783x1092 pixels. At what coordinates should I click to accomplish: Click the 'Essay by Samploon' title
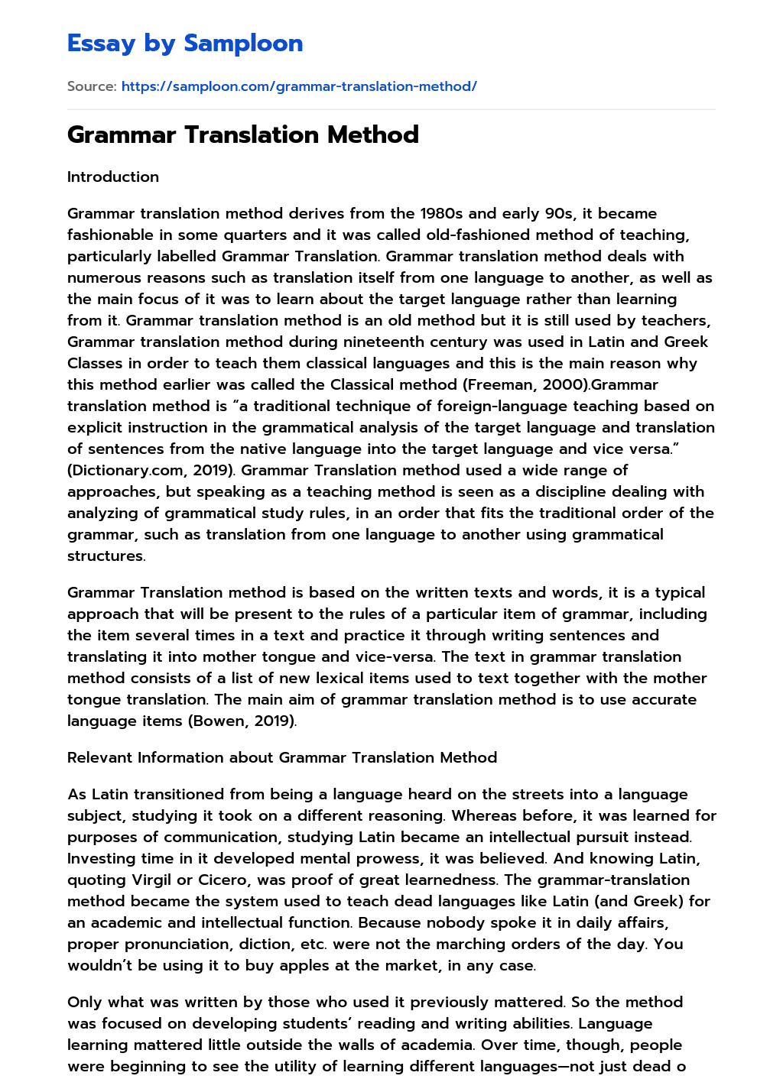pyautogui.click(x=185, y=43)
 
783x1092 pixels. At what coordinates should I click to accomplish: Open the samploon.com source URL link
pyautogui.click(x=299, y=86)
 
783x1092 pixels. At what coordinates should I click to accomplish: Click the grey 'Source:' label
pyautogui.click(x=92, y=86)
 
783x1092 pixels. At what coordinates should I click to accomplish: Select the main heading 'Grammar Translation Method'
pyautogui.click(x=243, y=134)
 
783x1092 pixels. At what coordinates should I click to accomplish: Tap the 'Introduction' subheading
pyautogui.click(x=113, y=177)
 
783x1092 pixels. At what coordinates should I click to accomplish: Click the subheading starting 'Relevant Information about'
pyautogui.click(x=282, y=757)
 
